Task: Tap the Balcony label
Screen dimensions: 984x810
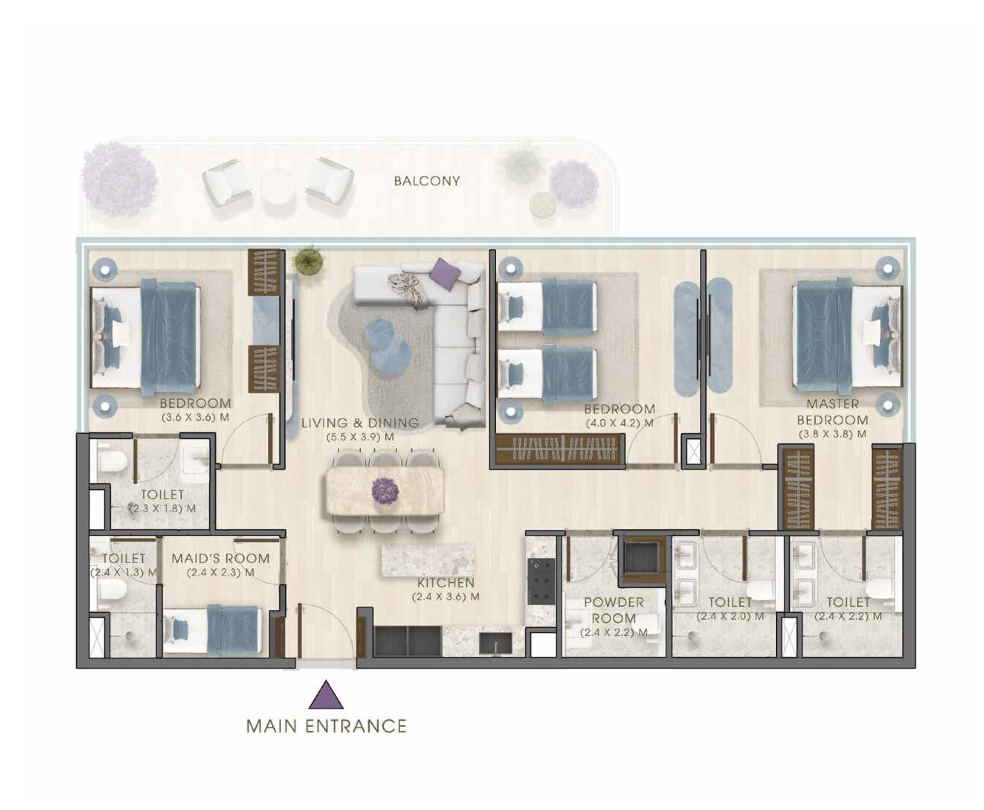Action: (427, 181)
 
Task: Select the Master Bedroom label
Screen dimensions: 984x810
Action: (832, 412)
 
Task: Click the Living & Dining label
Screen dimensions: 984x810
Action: (360, 423)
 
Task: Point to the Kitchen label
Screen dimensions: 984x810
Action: (446, 583)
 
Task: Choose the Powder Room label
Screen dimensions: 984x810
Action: (614, 610)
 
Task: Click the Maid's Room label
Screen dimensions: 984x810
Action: (221, 558)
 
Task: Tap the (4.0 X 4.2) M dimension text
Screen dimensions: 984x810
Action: (620, 423)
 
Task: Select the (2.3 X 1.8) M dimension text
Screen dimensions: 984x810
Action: (162, 508)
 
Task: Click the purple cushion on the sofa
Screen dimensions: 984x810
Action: (445, 270)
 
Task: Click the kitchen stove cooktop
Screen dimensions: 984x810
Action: (541, 582)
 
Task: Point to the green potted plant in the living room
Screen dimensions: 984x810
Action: (308, 260)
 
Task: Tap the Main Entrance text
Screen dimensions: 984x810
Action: (326, 726)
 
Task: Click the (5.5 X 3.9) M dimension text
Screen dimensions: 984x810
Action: (360, 437)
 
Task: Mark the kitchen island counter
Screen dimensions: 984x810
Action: (428, 560)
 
